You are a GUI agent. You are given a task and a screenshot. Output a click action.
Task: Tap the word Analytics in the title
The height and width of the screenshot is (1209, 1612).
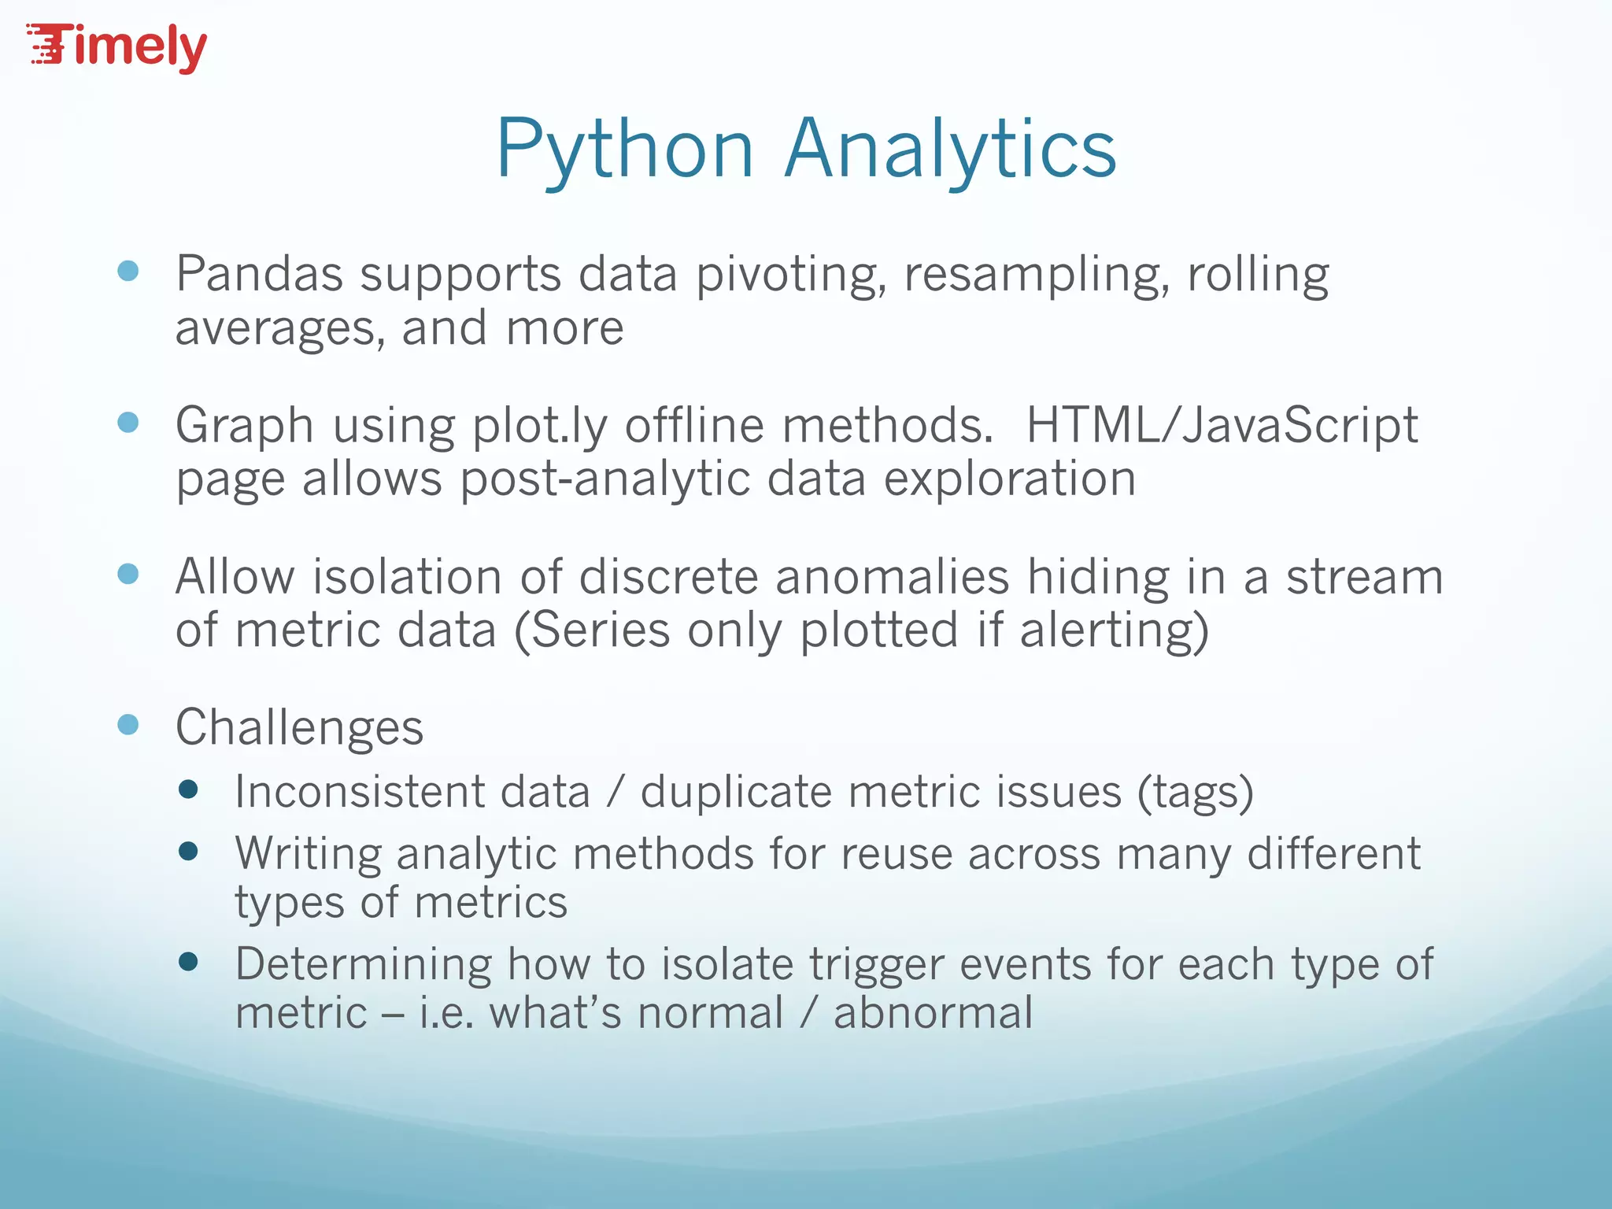(x=950, y=150)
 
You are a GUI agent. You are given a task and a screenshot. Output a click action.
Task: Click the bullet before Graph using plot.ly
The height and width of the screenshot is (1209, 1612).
(x=128, y=423)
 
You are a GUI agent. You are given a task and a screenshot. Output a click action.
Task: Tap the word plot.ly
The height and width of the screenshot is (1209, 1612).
(x=539, y=427)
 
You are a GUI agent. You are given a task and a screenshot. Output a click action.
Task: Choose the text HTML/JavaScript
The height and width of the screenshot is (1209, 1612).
(x=1222, y=426)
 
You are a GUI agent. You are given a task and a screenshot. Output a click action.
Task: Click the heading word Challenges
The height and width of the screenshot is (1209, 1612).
(x=299, y=727)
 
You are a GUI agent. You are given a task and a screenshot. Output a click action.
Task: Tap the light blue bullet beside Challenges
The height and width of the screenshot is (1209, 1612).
(x=128, y=724)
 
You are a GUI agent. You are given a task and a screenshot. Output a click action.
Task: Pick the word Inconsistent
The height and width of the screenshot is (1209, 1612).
(x=359, y=792)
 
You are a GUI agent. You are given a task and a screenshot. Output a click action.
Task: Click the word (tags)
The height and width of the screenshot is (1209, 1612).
(x=1195, y=793)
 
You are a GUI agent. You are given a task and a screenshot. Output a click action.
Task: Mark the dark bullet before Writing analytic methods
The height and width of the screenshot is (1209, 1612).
(x=188, y=851)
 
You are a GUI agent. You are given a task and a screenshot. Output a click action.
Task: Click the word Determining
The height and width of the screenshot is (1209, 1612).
(x=363, y=964)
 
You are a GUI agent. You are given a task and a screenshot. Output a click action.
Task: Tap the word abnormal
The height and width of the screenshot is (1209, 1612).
(x=933, y=1013)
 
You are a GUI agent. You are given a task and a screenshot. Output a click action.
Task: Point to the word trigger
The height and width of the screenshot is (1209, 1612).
(x=877, y=966)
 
